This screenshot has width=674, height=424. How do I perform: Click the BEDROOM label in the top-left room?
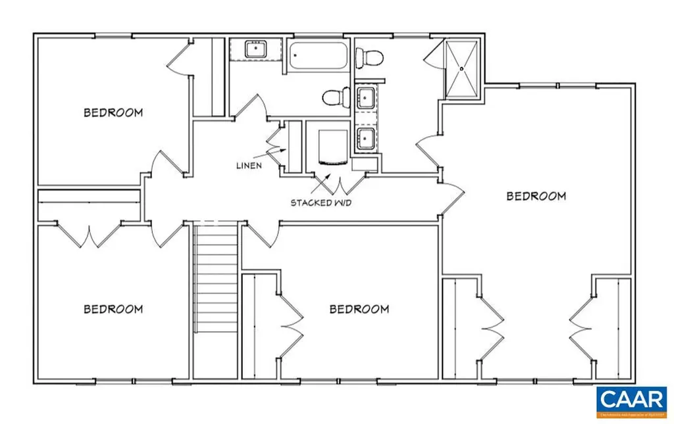[x=113, y=112]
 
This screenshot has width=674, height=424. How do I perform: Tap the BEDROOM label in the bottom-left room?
[x=113, y=309]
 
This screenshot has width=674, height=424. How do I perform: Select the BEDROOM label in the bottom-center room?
[x=359, y=309]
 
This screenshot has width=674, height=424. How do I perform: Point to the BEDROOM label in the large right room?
[x=536, y=196]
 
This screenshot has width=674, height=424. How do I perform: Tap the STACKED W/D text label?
[x=321, y=202]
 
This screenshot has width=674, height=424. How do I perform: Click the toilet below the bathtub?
[x=336, y=97]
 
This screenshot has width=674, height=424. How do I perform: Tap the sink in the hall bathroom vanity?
[x=254, y=49]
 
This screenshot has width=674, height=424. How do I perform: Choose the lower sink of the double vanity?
[x=365, y=139]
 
